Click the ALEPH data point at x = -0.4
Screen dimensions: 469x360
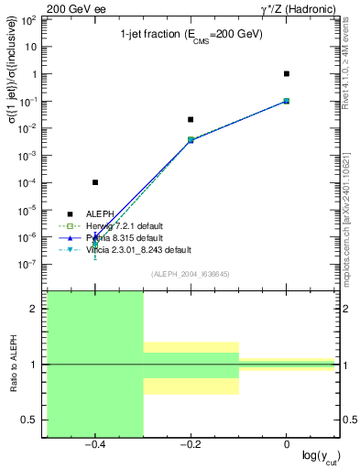click(x=95, y=182)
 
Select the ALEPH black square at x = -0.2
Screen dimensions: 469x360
click(x=191, y=119)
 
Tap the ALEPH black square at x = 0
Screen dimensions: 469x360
click(x=287, y=73)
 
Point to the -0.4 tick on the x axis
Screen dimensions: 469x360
click(x=95, y=443)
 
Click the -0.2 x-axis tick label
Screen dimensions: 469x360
click(x=191, y=443)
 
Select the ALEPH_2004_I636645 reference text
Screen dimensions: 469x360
click(x=191, y=275)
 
